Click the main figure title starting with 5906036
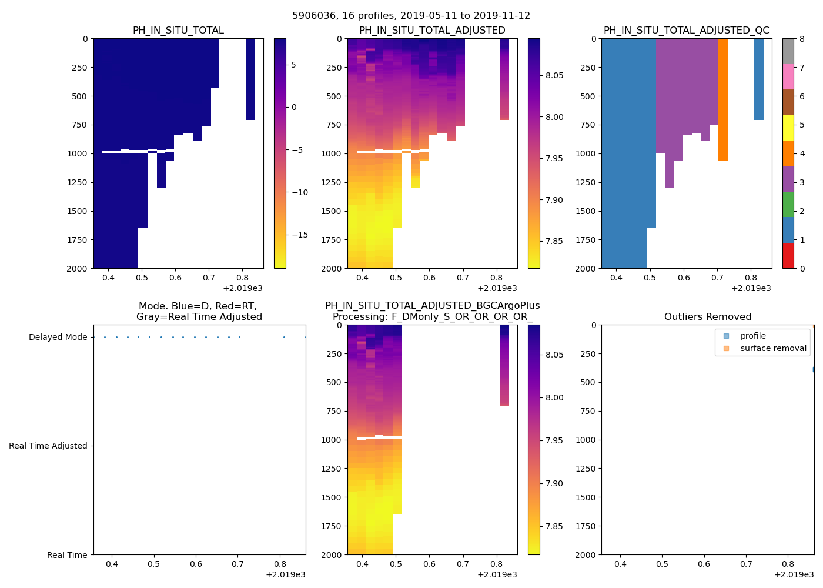tap(411, 16)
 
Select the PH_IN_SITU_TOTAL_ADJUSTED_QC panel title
tap(686, 31)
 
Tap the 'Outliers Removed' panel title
tap(707, 317)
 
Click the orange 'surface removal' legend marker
tap(726, 348)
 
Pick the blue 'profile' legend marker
tap(726, 336)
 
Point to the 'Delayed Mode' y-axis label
tap(58, 337)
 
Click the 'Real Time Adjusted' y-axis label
tap(48, 446)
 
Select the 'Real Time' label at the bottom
tap(67, 555)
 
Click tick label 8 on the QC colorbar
tap(802, 39)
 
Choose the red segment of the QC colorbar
tap(788, 256)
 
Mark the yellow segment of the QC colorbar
tap(788, 128)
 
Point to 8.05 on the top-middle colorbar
tap(554, 75)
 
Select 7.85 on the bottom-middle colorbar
tap(554, 526)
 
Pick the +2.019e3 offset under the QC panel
tap(751, 288)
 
